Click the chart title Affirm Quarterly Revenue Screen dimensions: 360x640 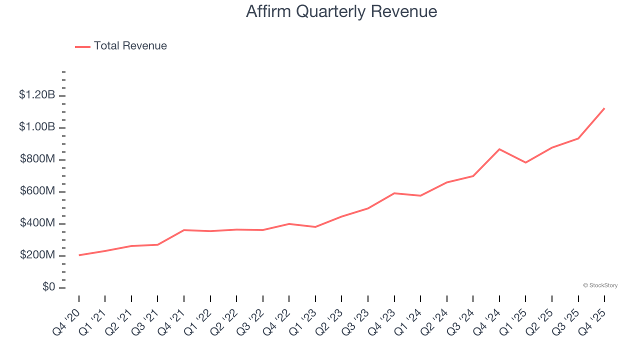click(341, 11)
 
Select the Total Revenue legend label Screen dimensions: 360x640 click(130, 46)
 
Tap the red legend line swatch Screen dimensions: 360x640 click(82, 46)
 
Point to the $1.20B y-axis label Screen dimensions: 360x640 click(37, 94)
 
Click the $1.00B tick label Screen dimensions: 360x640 click(37, 127)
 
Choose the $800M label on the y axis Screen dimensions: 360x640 click(37, 159)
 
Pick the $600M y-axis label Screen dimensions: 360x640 click(37, 191)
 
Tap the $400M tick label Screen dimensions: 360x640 click(37, 223)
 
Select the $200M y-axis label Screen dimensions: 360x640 click(37, 255)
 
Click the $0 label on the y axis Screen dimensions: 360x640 click(48, 287)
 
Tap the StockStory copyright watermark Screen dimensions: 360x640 click(600, 285)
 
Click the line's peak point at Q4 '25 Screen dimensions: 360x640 click(604, 108)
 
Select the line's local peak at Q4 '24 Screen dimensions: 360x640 click(499, 149)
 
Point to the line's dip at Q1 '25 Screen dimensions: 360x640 click(525, 162)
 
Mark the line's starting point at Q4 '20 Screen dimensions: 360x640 click(79, 255)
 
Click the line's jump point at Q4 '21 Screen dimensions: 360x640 click(184, 230)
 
